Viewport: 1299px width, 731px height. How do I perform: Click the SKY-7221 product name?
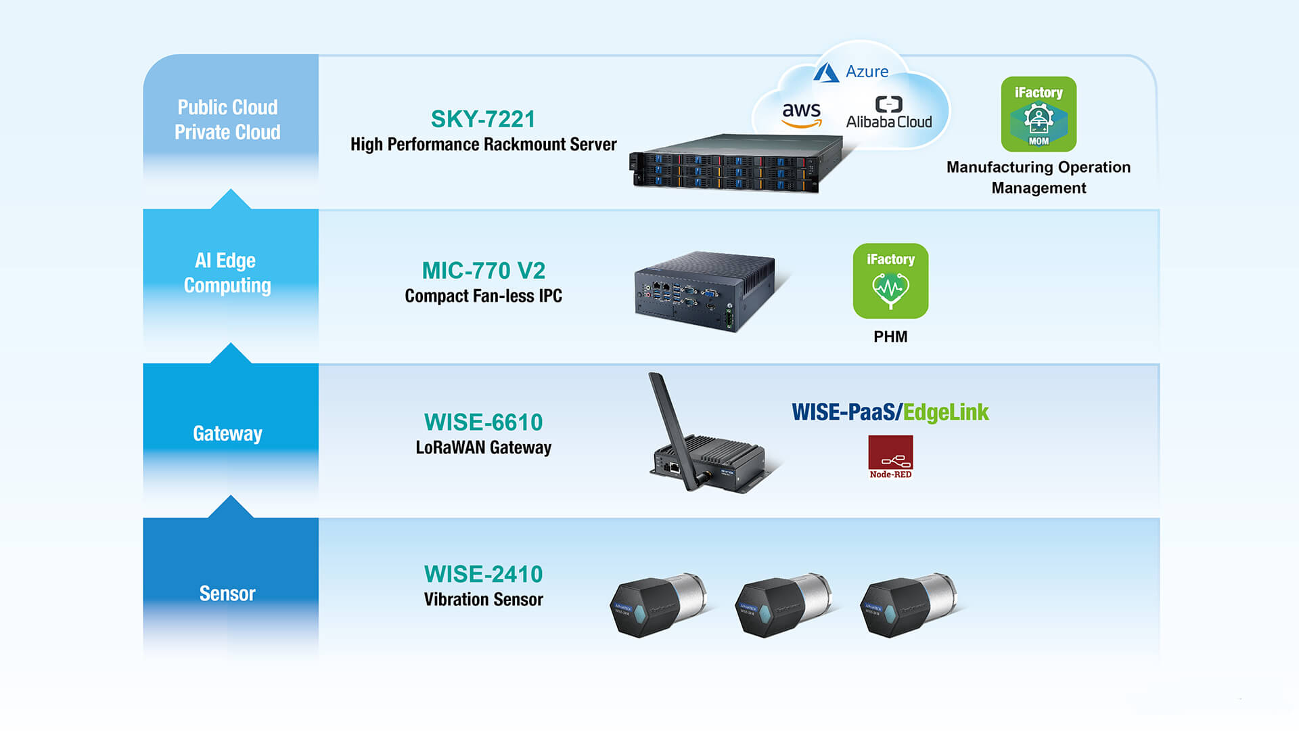pyautogui.click(x=483, y=119)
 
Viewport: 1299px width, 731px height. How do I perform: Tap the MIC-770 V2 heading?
pyautogui.click(x=483, y=271)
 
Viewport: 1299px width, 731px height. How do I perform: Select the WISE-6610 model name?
pyautogui.click(x=483, y=422)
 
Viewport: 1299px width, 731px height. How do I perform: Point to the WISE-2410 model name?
pyautogui.click(x=483, y=574)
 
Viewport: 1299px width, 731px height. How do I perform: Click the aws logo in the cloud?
pyautogui.click(x=802, y=114)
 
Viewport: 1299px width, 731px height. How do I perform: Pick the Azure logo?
pyautogui.click(x=851, y=72)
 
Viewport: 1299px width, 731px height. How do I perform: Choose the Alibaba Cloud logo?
pyautogui.click(x=889, y=113)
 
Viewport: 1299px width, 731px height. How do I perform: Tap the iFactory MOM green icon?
pyautogui.click(x=1039, y=114)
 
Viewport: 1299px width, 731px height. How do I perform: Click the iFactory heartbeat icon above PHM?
pyautogui.click(x=890, y=281)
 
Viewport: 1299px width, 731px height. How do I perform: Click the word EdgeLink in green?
pyautogui.click(x=946, y=412)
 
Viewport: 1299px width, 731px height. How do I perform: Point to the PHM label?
pyautogui.click(x=890, y=336)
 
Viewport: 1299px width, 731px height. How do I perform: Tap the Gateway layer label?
pyautogui.click(x=227, y=433)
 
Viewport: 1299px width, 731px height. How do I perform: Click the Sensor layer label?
pyautogui.click(x=227, y=594)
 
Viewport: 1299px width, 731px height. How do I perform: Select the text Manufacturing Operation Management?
pyautogui.click(x=1039, y=177)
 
